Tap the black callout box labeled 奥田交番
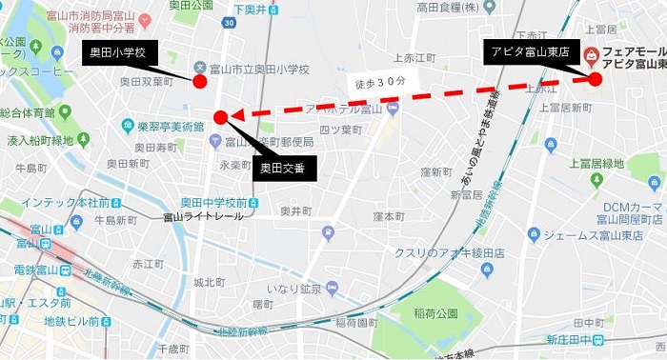[283, 170]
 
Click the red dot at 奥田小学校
[200, 82]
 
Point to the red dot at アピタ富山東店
[596, 80]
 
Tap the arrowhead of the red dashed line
[232, 116]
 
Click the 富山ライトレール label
[202, 217]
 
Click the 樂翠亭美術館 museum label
[169, 126]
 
